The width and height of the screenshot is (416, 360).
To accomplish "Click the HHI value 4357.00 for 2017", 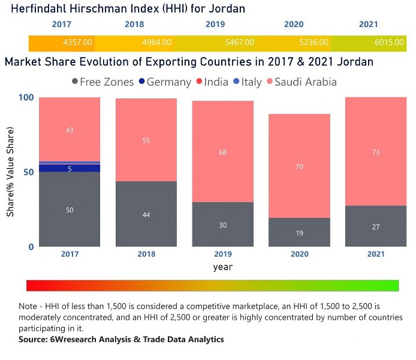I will pos(77,43).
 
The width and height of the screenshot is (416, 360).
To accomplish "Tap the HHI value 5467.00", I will pos(239,43).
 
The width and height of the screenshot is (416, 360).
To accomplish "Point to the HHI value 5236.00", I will pos(313,43).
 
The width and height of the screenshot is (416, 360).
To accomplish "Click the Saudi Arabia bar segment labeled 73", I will pos(376,152).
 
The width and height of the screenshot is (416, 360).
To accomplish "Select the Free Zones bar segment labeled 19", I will pos(299,232).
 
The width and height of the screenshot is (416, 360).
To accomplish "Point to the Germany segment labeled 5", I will pos(70,169).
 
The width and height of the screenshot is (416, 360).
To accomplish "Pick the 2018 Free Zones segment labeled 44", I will pos(146,214).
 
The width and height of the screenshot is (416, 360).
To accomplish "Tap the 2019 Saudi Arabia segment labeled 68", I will pos(223,152).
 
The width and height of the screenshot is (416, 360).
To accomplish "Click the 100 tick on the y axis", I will pos(25,98).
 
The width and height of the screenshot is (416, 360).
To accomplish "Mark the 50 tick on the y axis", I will pos(28,172).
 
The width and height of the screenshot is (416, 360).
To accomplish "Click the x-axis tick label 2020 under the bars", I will pos(299,254).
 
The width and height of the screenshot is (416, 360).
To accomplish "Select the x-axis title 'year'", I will pos(222,267).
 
